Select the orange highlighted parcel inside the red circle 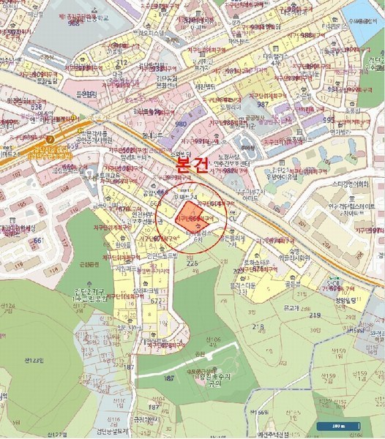click(x=187, y=219)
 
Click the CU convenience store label click(x=233, y=217)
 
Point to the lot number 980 click(x=181, y=123)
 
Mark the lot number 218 click(x=258, y=326)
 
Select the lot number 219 click(x=315, y=315)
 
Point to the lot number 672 click(x=156, y=301)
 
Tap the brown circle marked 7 click(x=51, y=138)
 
